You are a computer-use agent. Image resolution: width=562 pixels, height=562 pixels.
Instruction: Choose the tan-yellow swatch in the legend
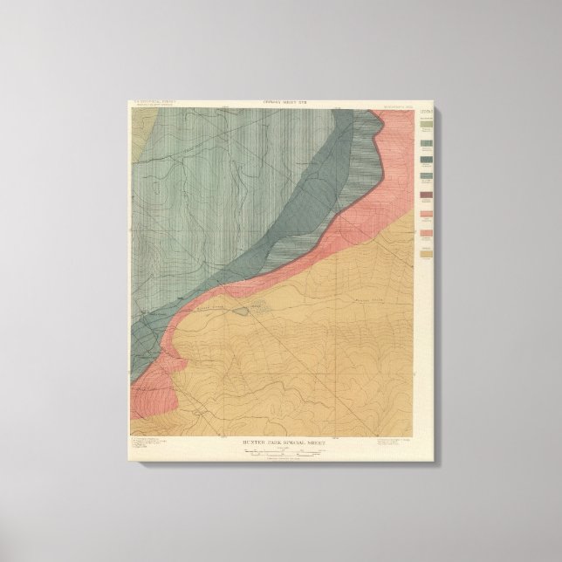pyautogui.click(x=427, y=255)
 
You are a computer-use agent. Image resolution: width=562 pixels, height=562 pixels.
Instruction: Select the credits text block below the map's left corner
pyautogui.click(x=149, y=446)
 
